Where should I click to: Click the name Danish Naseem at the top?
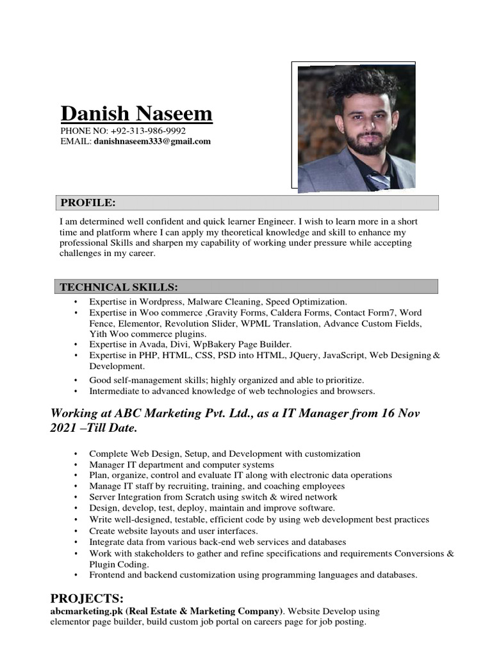tap(136, 114)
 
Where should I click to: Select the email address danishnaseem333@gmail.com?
tap(152, 141)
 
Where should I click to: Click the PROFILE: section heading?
tap(88, 203)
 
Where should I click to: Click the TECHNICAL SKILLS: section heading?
tap(119, 286)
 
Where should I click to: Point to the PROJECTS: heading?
tap(87, 598)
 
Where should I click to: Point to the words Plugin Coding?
tap(119, 564)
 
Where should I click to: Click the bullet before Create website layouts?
tap(76, 532)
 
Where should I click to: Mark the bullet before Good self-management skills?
tap(76, 380)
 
